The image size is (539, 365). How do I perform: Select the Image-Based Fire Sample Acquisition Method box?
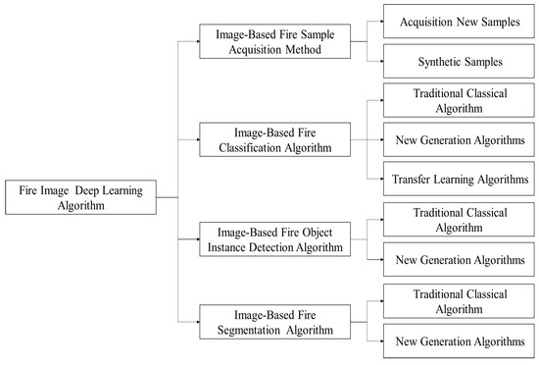pos(274,41)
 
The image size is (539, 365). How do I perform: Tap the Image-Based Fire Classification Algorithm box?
pos(274,139)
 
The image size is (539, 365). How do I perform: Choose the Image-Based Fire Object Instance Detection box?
pos(274,237)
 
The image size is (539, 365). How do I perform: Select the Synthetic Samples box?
pos(458,61)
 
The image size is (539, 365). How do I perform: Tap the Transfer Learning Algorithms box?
pos(458,179)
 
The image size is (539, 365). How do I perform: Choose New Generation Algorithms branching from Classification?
pos(458,141)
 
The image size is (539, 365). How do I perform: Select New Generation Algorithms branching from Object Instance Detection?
pos(458,260)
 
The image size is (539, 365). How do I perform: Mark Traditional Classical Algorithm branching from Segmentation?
pos(458,300)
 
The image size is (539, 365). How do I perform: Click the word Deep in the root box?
pos(94,189)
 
